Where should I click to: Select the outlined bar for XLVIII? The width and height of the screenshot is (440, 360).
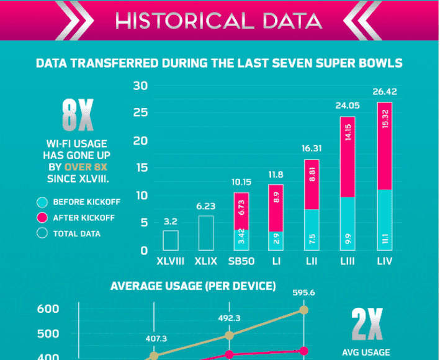[171, 240]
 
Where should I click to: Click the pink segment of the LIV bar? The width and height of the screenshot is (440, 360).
[384, 146]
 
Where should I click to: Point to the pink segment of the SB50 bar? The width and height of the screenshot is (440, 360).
[241, 211]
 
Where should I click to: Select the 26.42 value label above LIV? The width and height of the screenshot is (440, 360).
[384, 92]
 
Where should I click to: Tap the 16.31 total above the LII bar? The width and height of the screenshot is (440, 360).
[312, 148]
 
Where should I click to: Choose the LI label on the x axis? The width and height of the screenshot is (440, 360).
[276, 261]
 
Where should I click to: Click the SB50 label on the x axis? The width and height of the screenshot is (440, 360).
[241, 261]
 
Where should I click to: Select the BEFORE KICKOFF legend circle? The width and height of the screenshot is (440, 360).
[42, 202]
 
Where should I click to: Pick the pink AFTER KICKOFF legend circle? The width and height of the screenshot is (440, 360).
[42, 218]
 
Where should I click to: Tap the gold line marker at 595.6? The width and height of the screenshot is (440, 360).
[304, 310]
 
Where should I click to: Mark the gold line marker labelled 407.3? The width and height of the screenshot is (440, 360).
[154, 356]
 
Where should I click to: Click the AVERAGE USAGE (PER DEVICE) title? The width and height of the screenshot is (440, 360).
[193, 286]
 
